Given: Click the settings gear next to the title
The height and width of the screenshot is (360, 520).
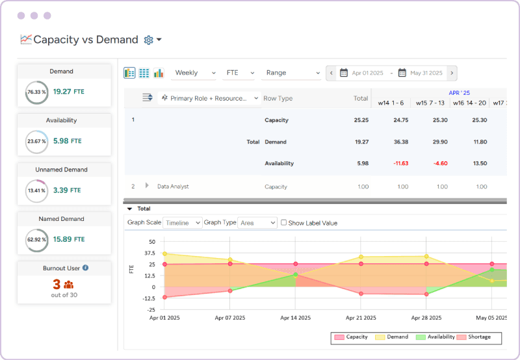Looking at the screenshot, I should coord(148,40).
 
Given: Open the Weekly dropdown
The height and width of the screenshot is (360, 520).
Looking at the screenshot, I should coord(194,73).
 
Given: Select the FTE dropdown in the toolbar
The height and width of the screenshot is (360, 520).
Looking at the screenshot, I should coord(239,73).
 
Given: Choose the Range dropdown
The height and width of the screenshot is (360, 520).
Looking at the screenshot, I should coord(292,73).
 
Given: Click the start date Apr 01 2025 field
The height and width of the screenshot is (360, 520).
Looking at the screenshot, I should coord(365,73).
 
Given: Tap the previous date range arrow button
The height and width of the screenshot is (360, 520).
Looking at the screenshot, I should coord(331,73).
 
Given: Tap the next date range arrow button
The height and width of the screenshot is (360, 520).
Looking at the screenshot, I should coord(452,73).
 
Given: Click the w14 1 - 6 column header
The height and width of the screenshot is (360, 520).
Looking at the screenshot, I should coord(391,103).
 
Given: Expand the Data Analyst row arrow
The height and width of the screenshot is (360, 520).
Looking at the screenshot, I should coord(148,186).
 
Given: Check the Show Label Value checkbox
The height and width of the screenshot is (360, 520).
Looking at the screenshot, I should coord(283,223).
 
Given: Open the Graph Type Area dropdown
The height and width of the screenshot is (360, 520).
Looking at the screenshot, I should coord(257,223).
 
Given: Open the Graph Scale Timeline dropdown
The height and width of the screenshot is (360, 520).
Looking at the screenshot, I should coord(182,223).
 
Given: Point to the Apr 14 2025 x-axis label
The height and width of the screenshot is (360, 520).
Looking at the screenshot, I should coord(295,318).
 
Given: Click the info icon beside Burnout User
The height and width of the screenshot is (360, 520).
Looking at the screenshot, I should coord(86,267).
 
